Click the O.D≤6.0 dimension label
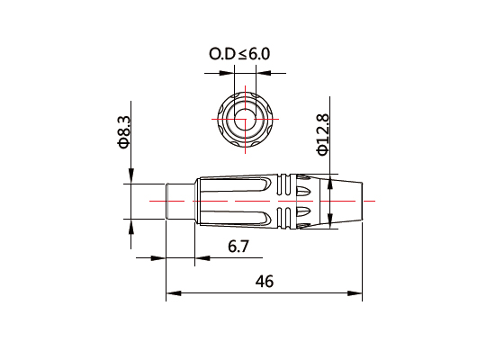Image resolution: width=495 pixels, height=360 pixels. (x=239, y=54)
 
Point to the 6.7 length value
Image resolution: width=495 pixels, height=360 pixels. (x=238, y=247)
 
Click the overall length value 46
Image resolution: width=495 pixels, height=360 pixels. (x=264, y=281)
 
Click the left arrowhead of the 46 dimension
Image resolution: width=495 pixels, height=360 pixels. (x=171, y=292)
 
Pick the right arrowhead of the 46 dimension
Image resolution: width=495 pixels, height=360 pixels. (x=357, y=292)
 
